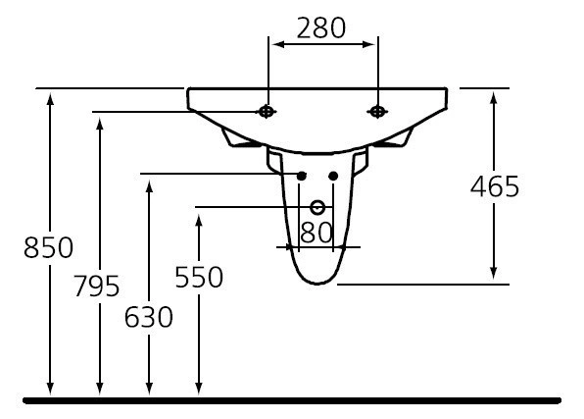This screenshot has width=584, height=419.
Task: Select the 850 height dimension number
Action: [x=48, y=247]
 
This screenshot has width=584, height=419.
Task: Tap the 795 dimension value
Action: [x=97, y=287]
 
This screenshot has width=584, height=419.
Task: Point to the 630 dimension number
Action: [x=149, y=317]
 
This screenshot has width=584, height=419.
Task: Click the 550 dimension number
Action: [x=199, y=278]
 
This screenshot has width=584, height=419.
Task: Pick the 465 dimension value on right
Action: [x=494, y=186]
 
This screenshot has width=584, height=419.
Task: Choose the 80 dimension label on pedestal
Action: [x=316, y=233]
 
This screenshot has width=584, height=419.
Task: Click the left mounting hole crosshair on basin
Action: [x=267, y=112]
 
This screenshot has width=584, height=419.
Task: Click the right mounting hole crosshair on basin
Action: [x=376, y=112]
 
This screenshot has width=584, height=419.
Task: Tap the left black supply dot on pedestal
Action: [x=301, y=176]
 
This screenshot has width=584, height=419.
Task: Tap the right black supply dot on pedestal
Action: [x=333, y=176]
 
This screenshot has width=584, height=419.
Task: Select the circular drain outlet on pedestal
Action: [x=316, y=207]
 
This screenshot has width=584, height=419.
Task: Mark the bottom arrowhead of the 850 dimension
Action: [x=50, y=391]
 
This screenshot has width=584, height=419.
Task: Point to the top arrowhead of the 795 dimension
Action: [x=99, y=122]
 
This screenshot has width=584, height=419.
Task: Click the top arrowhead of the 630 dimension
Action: [x=149, y=183]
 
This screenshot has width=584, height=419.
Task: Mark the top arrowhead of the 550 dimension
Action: [x=199, y=217]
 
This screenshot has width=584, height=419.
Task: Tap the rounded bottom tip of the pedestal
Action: [x=316, y=284]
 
